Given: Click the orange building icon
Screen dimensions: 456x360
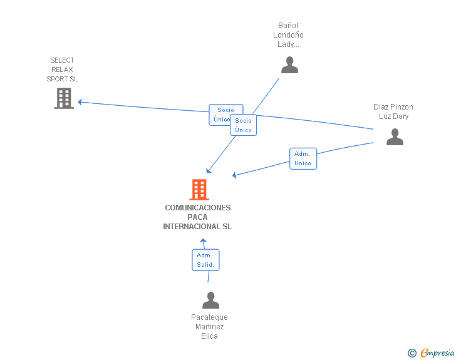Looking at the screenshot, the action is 199,190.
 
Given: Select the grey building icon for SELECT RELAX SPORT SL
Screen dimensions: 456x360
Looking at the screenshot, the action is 64,98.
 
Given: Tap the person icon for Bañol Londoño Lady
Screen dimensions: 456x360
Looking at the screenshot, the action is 289,65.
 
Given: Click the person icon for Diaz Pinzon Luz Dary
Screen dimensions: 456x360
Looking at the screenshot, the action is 395,136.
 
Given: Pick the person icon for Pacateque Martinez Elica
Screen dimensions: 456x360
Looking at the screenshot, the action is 210,300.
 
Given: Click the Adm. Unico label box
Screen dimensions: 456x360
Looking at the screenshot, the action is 303,158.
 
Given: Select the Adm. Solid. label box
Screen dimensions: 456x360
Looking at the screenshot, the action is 205,260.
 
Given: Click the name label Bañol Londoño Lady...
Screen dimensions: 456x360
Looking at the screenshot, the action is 288,35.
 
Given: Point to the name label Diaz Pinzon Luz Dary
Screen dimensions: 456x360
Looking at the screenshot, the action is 393,111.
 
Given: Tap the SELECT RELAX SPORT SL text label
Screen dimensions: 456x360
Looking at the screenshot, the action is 62,69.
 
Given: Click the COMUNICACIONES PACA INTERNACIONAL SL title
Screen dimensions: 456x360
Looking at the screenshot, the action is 197,217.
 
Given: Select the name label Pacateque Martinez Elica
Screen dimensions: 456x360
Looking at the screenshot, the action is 209,327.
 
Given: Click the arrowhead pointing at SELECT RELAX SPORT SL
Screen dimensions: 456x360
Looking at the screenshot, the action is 80,102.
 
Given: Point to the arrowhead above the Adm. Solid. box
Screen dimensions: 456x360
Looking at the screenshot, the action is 203,241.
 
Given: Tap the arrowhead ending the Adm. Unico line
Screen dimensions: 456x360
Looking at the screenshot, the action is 234,175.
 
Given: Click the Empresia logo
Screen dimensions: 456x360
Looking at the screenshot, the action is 437,352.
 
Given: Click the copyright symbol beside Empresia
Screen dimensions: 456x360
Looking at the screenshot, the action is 412,353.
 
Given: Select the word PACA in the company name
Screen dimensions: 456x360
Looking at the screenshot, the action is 197,217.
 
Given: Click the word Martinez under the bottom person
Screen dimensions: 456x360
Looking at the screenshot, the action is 210,327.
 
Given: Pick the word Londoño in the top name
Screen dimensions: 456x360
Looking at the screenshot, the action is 288,35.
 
